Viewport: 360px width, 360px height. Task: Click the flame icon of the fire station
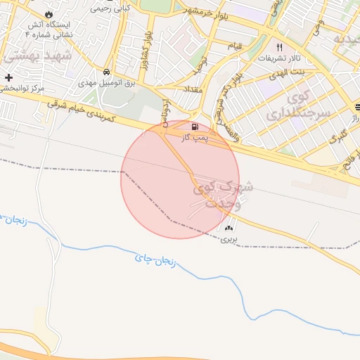(x=48, y=13)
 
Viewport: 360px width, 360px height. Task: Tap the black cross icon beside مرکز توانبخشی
(x=8, y=77)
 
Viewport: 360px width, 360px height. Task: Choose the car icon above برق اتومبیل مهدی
(x=105, y=72)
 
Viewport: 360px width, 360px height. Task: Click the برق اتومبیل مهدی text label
(x=105, y=82)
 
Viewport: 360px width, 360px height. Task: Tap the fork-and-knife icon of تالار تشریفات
(x=279, y=47)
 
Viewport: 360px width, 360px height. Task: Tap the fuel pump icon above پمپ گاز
(x=194, y=128)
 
